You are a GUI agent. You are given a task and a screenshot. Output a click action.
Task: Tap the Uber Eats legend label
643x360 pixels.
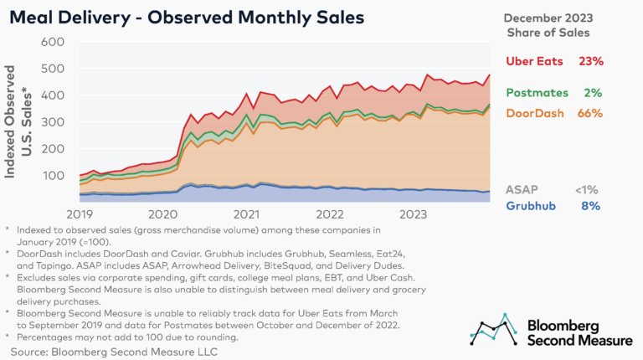click(538, 61)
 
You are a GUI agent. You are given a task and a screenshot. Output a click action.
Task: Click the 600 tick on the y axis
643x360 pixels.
click(53, 42)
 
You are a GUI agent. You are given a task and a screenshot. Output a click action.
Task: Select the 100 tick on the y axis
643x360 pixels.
click(53, 176)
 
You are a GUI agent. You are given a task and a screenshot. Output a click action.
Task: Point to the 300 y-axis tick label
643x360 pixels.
click(53, 122)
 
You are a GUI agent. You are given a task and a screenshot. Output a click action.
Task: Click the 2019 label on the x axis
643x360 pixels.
click(79, 213)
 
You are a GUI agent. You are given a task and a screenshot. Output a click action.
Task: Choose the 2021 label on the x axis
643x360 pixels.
click(246, 213)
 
